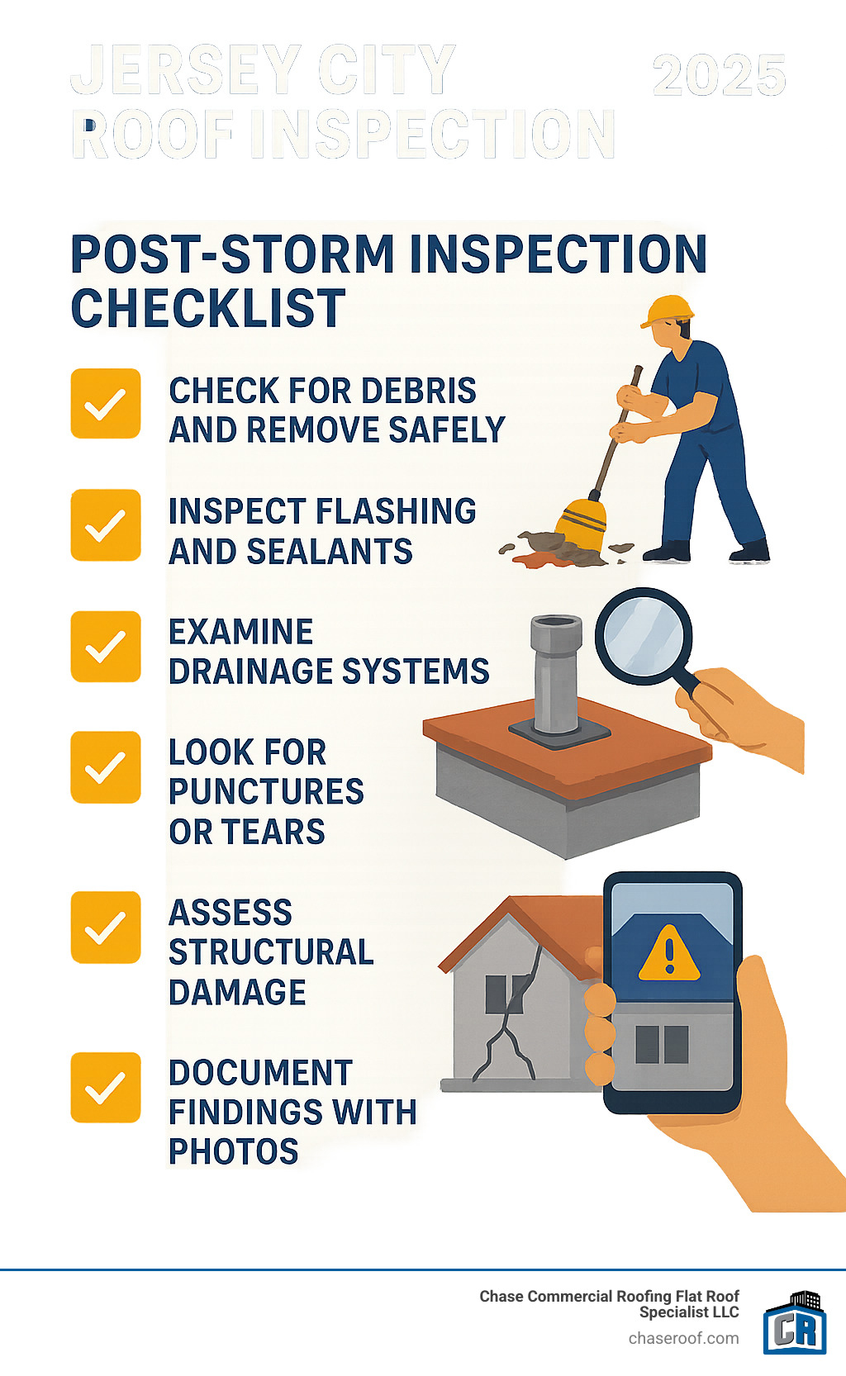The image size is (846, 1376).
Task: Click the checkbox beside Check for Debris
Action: [x=106, y=404]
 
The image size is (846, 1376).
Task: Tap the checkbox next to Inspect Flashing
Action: [x=106, y=525]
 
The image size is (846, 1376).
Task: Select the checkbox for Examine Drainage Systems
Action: [x=106, y=646]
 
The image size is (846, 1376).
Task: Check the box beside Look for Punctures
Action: [x=106, y=767]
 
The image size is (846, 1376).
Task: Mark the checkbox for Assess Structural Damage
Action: [x=106, y=927]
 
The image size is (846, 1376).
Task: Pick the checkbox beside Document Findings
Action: [x=106, y=1087]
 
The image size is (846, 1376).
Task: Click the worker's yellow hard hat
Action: [x=669, y=311]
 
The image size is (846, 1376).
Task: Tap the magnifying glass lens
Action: [x=644, y=635]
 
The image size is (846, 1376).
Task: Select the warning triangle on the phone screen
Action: [x=669, y=955]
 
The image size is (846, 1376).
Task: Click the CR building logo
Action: [x=795, y=1324]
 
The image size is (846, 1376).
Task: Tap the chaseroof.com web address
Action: [x=683, y=1338]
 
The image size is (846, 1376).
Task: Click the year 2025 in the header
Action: [x=719, y=76]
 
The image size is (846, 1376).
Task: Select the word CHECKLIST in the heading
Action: [x=208, y=308]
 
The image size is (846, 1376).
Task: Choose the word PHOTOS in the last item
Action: [x=233, y=1151]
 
